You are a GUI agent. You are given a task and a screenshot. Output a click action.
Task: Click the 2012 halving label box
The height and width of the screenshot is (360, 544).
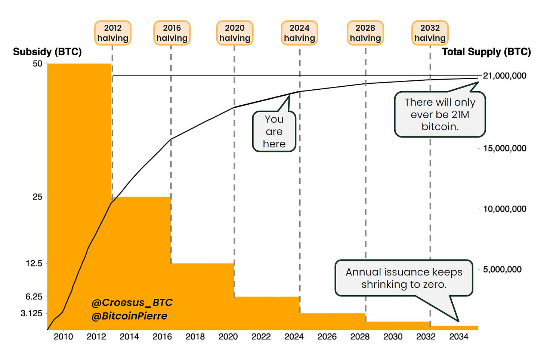[112, 33]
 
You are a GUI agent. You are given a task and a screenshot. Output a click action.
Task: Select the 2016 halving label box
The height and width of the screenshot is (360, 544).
[172, 33]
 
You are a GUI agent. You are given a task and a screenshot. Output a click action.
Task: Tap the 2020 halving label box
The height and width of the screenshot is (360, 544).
[235, 33]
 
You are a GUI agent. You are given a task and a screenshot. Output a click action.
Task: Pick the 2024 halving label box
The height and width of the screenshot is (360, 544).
[299, 33]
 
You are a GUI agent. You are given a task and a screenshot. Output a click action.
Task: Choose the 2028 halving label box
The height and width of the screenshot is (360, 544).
[365, 33]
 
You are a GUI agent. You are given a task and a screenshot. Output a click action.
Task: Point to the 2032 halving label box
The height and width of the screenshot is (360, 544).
[430, 33]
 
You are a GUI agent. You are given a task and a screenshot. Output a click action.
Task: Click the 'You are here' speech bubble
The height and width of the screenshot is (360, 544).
[274, 131]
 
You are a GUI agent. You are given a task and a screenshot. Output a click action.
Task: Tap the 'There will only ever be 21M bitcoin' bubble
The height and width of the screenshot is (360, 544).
[440, 114]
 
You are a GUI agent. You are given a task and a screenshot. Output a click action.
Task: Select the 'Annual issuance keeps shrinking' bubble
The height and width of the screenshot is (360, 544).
[404, 278]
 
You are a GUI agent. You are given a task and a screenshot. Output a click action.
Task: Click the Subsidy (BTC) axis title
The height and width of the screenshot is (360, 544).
[47, 52]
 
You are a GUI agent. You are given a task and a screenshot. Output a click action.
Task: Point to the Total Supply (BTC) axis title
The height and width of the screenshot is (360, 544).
[486, 52]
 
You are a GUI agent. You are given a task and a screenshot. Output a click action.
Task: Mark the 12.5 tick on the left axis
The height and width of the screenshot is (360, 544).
[34, 264]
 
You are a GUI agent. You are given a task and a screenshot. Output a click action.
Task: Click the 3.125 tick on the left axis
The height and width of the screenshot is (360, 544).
[31, 313]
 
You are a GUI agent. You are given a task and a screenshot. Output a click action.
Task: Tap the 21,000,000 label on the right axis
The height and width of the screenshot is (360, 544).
[504, 76]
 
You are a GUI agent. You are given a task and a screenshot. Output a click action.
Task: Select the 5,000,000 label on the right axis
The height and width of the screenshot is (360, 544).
[502, 270]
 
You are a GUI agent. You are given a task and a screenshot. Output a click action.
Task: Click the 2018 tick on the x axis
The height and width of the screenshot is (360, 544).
[195, 337]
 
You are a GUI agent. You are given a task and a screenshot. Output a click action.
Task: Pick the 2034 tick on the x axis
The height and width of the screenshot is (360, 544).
[458, 337]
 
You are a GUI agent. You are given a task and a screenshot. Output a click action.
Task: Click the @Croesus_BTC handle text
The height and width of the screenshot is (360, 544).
[132, 302]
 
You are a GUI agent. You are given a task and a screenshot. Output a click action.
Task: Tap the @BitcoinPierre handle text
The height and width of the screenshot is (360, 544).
[129, 316]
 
